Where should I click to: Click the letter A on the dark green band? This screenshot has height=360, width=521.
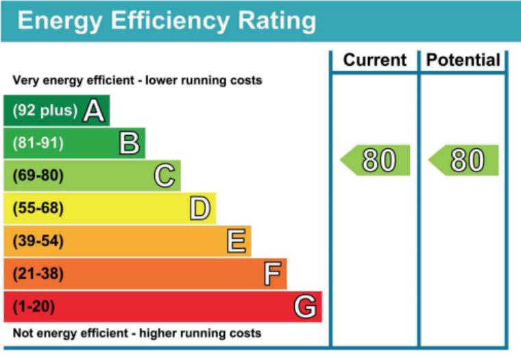pyautogui.click(x=94, y=111)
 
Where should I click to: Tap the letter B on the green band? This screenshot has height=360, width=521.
pyautogui.click(x=130, y=143)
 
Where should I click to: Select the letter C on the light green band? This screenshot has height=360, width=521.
pyautogui.click(x=165, y=176)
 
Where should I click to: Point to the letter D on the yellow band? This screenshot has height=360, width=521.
pyautogui.click(x=200, y=208)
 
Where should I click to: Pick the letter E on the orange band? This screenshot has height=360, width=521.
pyautogui.click(x=236, y=241)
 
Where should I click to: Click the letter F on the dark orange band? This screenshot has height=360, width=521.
pyautogui.click(x=272, y=274)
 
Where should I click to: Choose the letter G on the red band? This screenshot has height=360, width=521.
pyautogui.click(x=306, y=307)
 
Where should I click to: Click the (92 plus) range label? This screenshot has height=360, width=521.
pyautogui.click(x=45, y=111)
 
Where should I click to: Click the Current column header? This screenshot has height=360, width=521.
pyautogui.click(x=374, y=60)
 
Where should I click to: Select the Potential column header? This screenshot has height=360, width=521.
pyautogui.click(x=463, y=60)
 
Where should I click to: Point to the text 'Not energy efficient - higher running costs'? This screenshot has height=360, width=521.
pyautogui.click(x=137, y=334)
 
